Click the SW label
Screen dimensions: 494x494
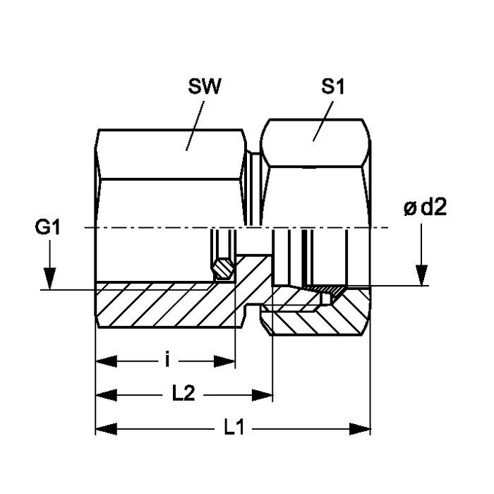205,86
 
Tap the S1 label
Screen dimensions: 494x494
332,86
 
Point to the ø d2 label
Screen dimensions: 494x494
425,207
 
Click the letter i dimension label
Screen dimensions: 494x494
168,361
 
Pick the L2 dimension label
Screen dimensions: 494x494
183,394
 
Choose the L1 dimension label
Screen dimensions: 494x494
234,428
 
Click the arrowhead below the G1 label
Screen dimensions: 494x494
50,278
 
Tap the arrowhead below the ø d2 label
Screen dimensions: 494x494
421,276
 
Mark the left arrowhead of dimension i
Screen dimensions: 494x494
106,361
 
